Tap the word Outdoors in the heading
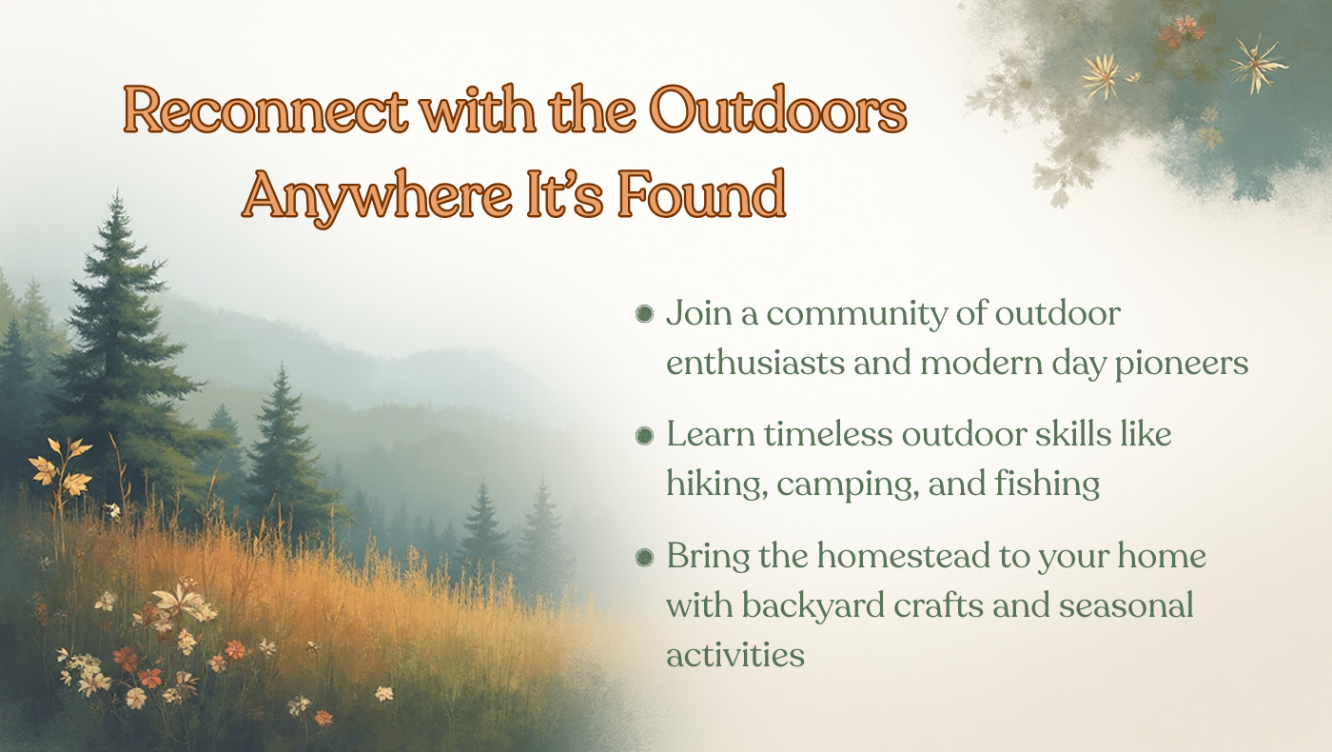(x=777, y=109)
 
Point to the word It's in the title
(x=565, y=193)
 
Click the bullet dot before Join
(x=644, y=313)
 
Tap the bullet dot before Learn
(x=644, y=436)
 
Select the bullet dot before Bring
(x=644, y=557)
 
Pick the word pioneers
(x=1181, y=364)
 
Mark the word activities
(x=735, y=655)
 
